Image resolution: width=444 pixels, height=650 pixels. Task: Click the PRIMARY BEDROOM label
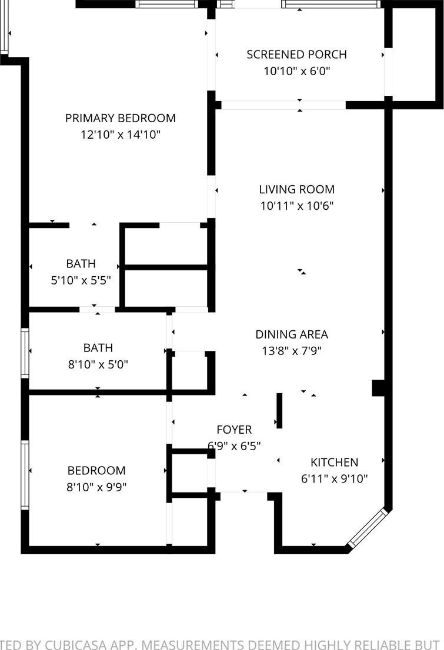121,118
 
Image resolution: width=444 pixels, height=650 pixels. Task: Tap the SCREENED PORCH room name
297,55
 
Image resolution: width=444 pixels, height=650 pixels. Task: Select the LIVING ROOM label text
297,189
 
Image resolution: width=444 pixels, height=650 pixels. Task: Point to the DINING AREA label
292,334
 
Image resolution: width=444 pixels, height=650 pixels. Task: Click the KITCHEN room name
335,462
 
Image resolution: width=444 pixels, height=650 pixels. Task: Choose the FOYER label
234,430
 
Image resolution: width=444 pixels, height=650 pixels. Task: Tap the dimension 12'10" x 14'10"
121,135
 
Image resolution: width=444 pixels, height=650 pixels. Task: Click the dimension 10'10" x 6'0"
297,71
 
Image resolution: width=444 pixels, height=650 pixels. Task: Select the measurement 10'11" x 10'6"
297,206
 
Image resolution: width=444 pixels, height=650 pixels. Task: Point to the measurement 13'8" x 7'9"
292,351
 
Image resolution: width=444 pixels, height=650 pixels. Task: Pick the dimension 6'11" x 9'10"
335,479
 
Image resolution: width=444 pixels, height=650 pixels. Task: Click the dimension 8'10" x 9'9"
96,487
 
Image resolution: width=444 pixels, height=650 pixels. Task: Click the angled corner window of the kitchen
368,528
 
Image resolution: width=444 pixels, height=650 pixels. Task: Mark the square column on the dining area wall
378,388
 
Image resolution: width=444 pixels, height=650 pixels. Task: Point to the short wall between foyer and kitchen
279,410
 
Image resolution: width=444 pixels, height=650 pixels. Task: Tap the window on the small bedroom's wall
25,475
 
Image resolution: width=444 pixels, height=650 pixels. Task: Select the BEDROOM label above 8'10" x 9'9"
96,471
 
